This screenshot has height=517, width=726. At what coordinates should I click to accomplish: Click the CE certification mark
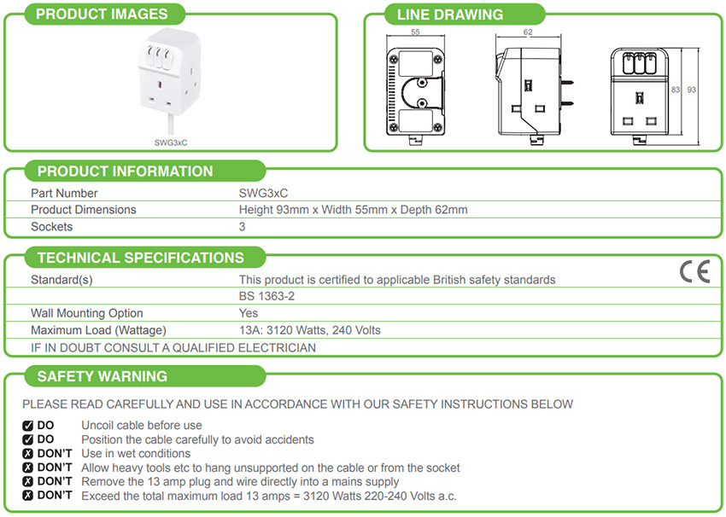click(694, 272)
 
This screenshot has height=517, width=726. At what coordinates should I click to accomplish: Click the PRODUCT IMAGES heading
click(102, 14)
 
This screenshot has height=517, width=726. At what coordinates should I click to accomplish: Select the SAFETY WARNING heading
click(102, 376)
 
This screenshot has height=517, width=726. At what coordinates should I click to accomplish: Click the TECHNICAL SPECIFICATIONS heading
click(141, 258)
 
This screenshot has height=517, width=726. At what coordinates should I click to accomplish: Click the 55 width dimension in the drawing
click(415, 32)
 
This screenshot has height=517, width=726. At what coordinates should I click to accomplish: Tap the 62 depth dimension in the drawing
click(527, 32)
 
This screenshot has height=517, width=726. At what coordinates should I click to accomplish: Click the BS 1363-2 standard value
click(267, 296)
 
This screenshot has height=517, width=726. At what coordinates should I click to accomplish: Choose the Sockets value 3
click(243, 227)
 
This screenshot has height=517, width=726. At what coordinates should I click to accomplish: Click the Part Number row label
click(64, 194)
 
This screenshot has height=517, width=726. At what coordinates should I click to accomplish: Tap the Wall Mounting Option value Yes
click(249, 313)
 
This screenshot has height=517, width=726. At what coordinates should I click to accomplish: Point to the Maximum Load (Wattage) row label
click(98, 330)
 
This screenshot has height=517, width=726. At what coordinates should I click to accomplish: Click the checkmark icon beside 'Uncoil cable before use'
click(27, 425)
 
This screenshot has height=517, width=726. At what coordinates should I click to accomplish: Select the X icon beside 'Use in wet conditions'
click(27, 453)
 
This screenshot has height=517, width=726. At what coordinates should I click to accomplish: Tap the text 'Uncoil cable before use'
click(142, 425)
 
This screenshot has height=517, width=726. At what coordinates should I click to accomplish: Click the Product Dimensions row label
click(84, 210)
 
